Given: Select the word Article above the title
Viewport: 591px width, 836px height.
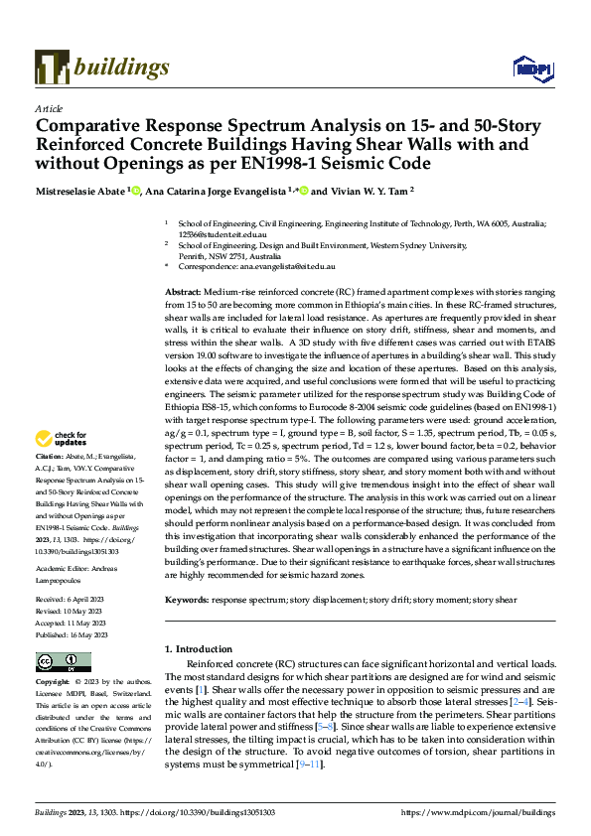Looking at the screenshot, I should point(49,108).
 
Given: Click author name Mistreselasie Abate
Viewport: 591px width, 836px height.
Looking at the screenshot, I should point(83,191).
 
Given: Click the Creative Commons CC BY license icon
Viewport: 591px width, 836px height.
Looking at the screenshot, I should point(58,662).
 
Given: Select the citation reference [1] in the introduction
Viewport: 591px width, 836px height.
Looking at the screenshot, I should point(200,689).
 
